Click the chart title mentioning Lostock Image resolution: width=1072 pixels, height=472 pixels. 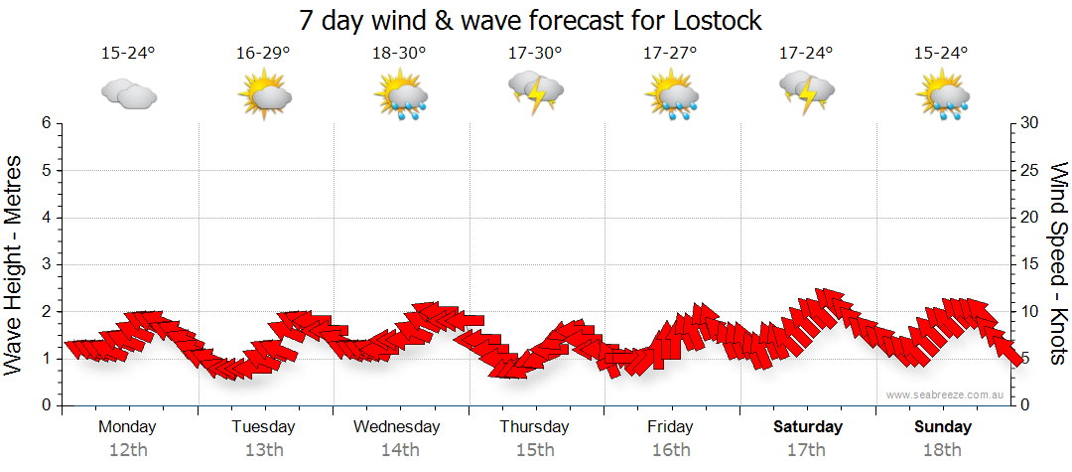[x=530, y=20]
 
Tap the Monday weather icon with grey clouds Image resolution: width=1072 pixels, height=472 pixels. [x=129, y=95]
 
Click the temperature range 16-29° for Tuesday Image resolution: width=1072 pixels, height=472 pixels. [x=264, y=54]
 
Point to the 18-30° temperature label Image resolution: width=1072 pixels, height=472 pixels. [x=399, y=54]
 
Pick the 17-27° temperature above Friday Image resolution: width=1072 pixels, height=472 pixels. [x=670, y=54]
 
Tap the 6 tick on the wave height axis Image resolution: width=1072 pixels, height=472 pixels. [x=45, y=123]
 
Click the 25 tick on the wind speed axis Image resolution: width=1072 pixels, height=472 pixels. [x=1031, y=170]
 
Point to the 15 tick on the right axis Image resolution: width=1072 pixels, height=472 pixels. [x=1031, y=264]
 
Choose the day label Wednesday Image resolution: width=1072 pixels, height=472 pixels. [x=397, y=427]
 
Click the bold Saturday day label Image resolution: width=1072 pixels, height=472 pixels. [x=808, y=427]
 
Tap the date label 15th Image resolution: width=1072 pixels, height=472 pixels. [x=535, y=450]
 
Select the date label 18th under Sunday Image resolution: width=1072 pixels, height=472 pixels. [x=943, y=450]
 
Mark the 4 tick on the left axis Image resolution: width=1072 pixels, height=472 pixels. [x=45, y=218]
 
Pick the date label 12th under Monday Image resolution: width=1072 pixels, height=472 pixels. [x=128, y=450]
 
